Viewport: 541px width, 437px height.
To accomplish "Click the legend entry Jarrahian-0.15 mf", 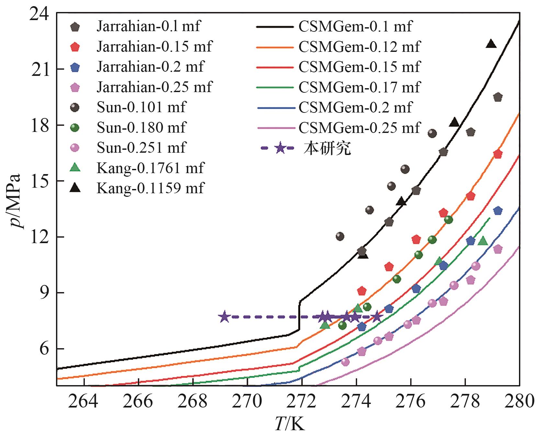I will coord(154,47).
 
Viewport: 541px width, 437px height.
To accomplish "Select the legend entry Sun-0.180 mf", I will coord(141,127).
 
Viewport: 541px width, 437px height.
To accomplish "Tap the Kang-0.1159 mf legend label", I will coord(150,188).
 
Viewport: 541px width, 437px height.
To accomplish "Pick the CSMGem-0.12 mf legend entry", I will coord(359,47).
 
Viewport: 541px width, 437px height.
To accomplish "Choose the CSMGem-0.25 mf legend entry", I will coord(359,128).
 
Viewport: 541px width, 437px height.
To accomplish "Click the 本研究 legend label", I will coord(327,148).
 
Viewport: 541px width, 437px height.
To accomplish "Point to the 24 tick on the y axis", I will coord(40,15).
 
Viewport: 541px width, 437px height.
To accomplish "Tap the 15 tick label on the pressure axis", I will coord(40,181).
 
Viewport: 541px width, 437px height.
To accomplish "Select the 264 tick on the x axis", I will coord(84,401).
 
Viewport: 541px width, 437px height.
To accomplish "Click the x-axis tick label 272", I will coord(301,401).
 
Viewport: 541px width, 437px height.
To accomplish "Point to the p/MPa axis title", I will coord(15,201).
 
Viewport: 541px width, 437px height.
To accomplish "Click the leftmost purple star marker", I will coord(224,317).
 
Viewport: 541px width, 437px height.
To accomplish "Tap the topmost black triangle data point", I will coord(491,44).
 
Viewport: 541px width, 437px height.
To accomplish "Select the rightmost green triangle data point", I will coord(483,241).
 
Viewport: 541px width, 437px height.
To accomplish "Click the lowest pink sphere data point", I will coord(345,362).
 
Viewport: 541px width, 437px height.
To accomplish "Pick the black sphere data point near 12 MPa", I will coord(340,236).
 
